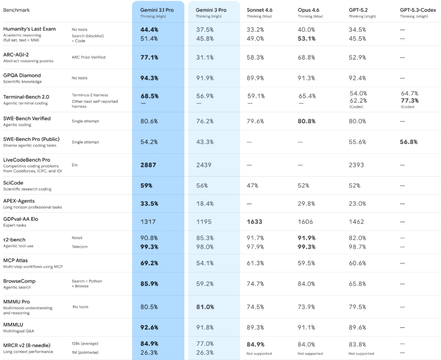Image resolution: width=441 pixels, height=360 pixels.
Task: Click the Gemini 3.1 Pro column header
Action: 157,10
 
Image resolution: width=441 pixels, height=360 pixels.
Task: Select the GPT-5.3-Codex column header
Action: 418,10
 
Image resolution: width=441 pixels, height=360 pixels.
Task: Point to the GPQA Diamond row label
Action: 22,75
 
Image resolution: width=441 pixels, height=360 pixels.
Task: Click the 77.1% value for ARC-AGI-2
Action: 149,57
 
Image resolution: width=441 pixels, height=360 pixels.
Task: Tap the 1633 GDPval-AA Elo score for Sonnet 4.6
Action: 254,222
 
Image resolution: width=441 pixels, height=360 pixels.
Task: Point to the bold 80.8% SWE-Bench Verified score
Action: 307,121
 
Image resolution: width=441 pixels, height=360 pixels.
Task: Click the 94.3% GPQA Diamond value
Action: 149,78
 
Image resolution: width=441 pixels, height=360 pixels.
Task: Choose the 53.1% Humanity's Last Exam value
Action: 307,38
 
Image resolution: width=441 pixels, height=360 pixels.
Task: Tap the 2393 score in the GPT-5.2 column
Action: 357,164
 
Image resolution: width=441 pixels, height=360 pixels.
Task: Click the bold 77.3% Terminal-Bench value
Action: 410,100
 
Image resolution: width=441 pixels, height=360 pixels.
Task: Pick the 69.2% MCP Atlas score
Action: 149,263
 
